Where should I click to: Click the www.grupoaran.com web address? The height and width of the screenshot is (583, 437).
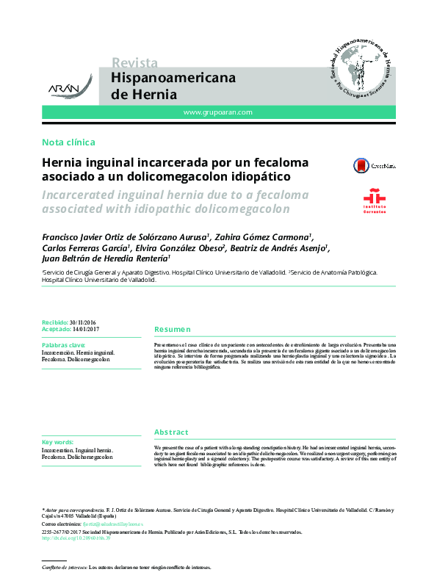tap(217, 112)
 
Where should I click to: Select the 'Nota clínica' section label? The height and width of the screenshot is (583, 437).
tap(68, 142)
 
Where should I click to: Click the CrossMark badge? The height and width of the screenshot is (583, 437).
tap(374, 166)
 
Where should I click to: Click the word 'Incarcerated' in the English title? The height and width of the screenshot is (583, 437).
tap(83, 195)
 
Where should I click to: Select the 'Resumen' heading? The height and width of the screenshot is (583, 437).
tap(173, 330)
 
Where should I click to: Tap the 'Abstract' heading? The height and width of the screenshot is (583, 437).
tap(171, 432)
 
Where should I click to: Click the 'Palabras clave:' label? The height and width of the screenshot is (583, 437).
tap(63, 344)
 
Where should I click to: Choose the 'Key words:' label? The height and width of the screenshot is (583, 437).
tap(58, 442)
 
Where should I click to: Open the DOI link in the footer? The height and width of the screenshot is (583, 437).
tap(76, 538)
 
